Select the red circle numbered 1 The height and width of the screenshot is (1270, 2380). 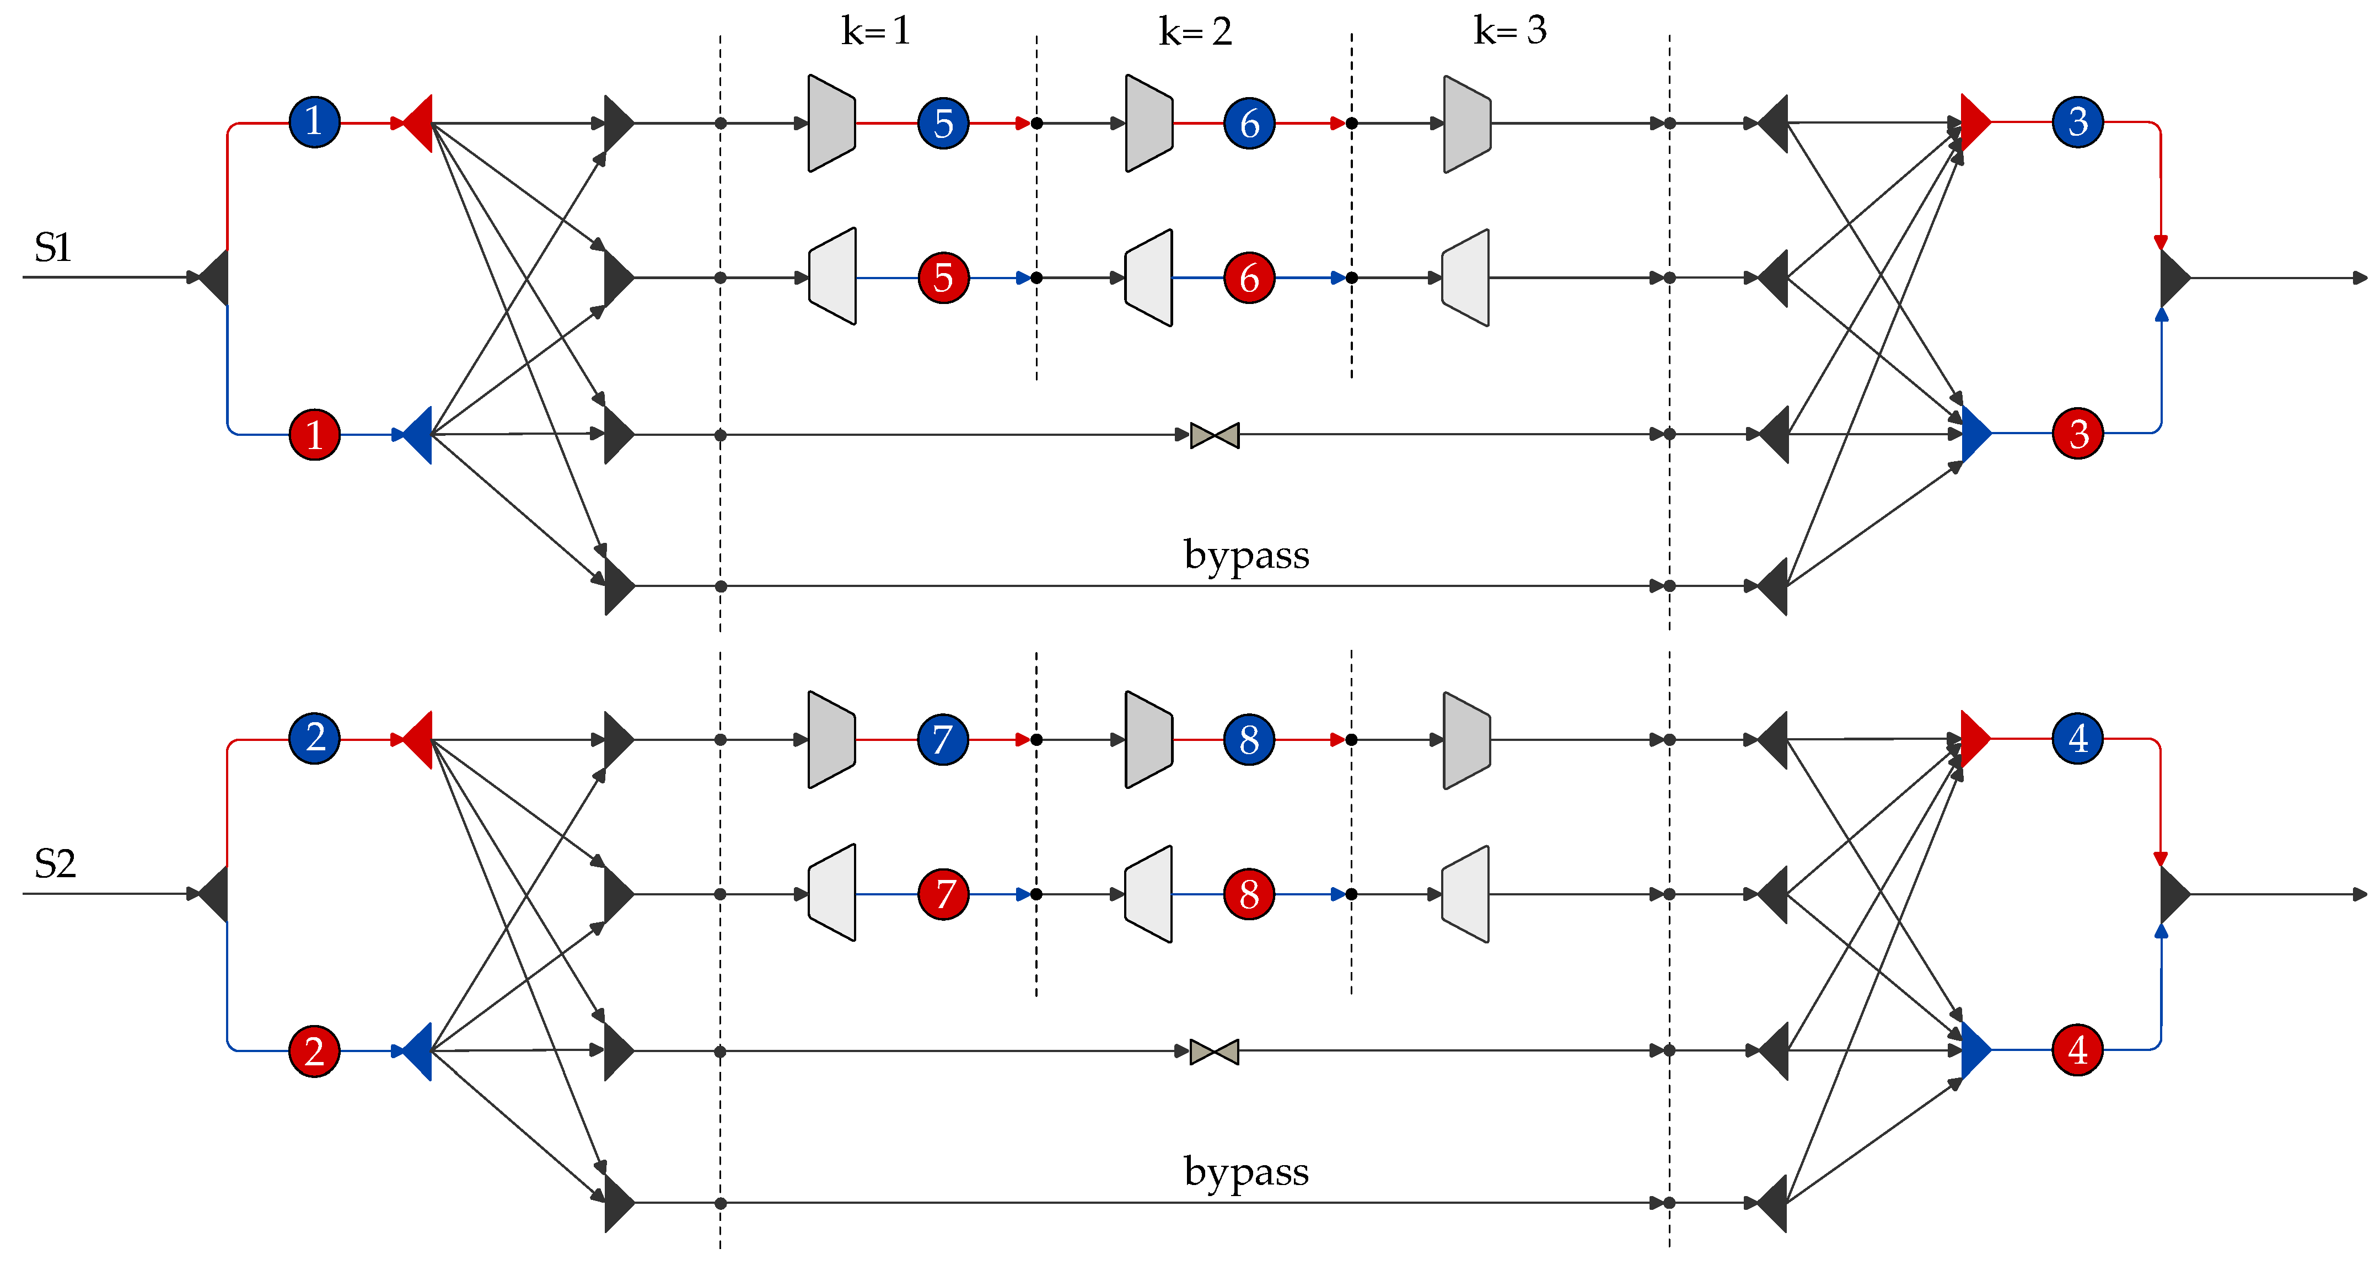tap(314, 434)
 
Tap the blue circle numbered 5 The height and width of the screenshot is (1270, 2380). tap(942, 123)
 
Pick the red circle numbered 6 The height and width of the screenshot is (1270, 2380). tap(1249, 278)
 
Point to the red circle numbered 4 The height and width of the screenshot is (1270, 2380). tap(2078, 1050)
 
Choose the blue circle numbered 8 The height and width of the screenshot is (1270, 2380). tap(1249, 739)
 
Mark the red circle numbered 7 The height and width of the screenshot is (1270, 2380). tap(943, 894)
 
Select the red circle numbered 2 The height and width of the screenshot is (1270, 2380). tap(314, 1051)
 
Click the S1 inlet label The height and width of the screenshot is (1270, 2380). tap(53, 248)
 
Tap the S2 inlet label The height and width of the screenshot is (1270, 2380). tap(55, 864)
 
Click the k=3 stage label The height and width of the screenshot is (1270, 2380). tap(1509, 30)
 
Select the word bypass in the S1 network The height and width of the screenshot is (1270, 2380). tap(1247, 554)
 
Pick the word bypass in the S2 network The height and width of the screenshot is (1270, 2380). tap(1247, 1171)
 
